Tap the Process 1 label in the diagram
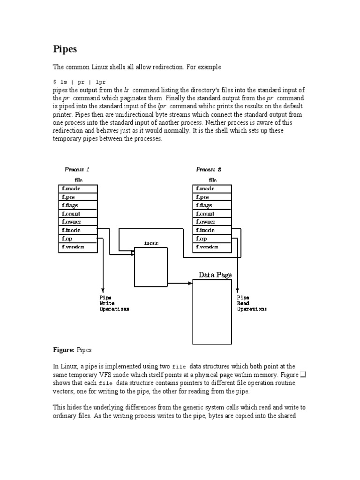77,169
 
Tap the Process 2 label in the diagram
209,169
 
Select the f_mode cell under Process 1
78,189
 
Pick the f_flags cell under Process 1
78,205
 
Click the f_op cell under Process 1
78,239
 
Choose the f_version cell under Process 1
78,247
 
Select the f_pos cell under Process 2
212,197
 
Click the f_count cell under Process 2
212,214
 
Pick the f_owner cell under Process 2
212,222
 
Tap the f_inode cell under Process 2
212,230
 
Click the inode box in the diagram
151,267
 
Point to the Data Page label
215,275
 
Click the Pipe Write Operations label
114,303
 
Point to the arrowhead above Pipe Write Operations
103,291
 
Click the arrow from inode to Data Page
180,283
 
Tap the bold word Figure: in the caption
63,350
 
